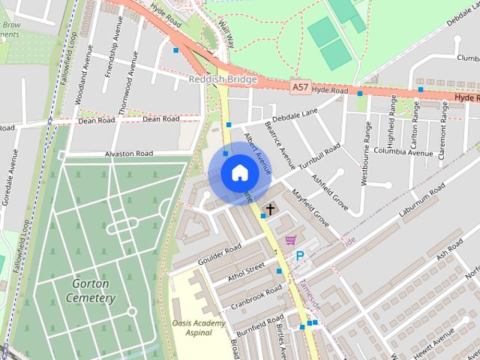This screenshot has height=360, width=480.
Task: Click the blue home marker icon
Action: (239, 172)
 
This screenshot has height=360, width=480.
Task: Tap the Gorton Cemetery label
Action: (94, 291)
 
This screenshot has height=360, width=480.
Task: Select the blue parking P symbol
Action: (300, 256)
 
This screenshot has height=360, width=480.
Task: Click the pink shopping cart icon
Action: (290, 240)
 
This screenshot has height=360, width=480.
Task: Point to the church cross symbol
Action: (269, 209)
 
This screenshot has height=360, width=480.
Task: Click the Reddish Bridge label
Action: (223, 79)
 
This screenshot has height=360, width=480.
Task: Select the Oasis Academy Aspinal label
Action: (198, 327)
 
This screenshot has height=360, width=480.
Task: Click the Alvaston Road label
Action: (128, 153)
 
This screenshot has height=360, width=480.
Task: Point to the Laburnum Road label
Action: (423, 202)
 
